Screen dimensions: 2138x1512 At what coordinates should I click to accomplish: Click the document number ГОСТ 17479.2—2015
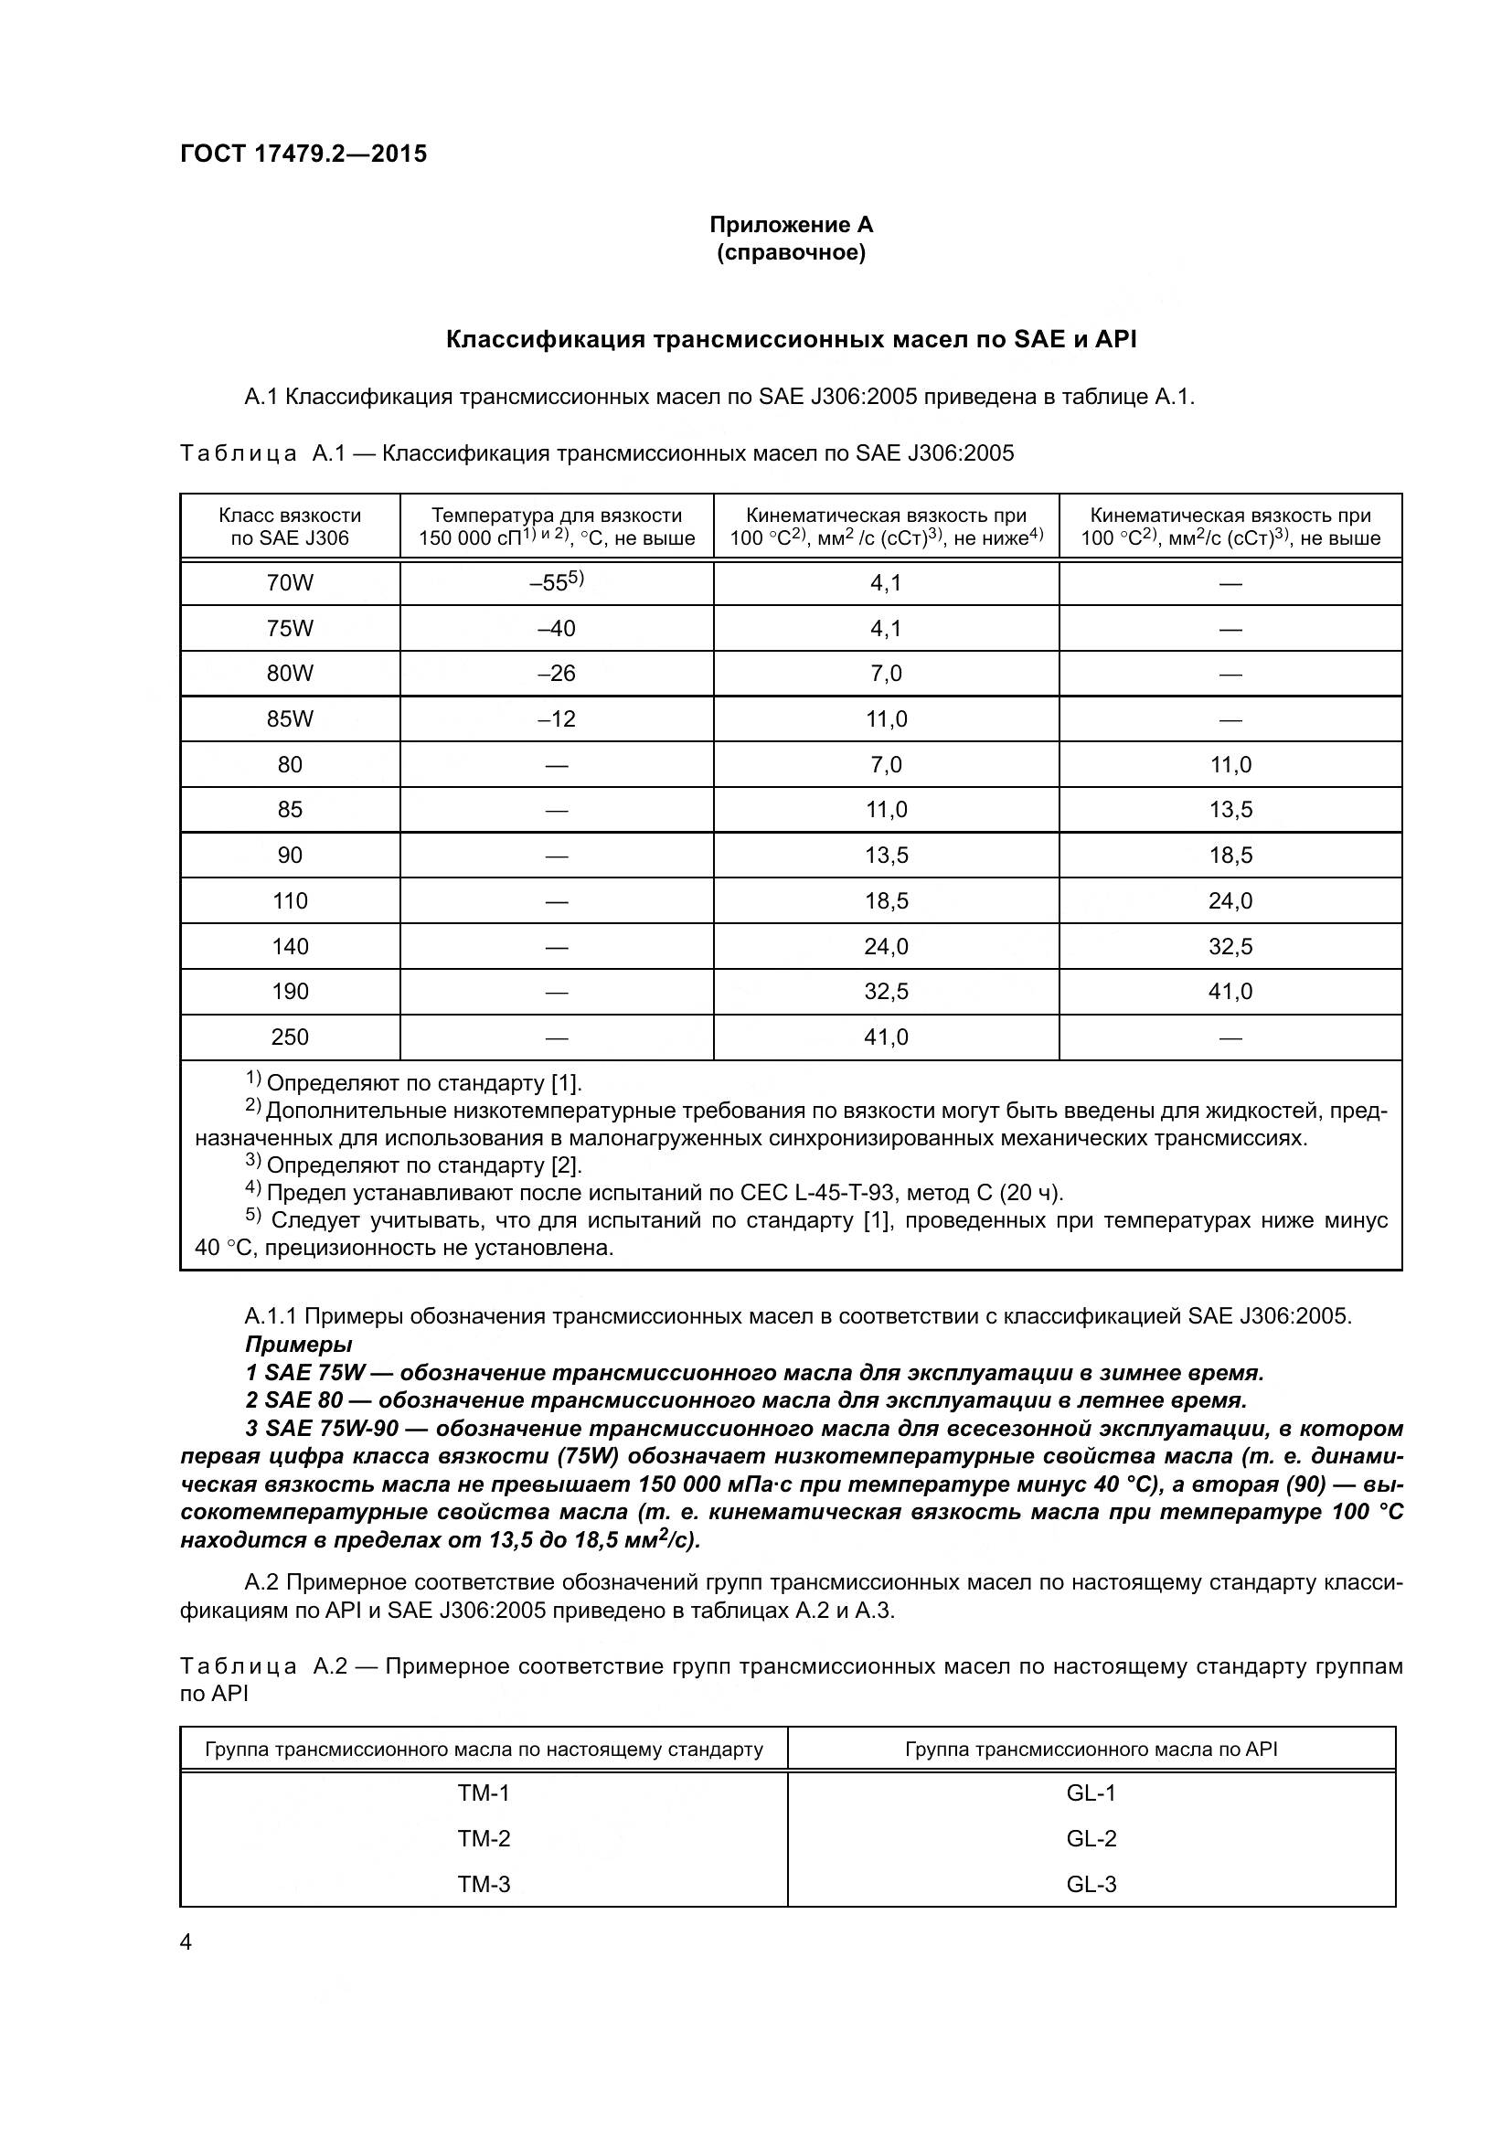tap(303, 154)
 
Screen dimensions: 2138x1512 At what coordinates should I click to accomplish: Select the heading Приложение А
tap(791, 225)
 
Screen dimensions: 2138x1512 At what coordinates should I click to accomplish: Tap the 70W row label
tap(290, 583)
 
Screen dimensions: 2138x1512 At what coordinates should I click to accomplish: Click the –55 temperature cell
tap(557, 583)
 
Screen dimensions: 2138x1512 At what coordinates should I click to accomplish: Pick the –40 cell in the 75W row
tap(557, 629)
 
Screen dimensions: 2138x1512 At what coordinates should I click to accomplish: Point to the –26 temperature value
tap(557, 674)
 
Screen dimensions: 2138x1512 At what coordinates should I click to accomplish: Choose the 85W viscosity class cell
tap(290, 718)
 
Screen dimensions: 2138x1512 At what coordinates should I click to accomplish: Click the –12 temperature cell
tap(557, 718)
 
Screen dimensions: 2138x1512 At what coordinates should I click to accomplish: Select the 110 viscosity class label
tap(290, 900)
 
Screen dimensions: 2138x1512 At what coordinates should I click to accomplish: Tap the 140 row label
tap(290, 946)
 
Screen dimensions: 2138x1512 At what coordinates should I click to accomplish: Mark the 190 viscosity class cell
tap(290, 991)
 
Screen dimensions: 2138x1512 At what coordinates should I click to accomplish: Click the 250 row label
tap(290, 1037)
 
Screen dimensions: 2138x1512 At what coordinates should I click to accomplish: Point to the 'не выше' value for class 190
tap(1230, 991)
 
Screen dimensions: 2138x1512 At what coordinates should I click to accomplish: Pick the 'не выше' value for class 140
tap(1230, 946)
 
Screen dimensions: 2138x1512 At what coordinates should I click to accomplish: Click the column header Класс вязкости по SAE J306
tap(290, 527)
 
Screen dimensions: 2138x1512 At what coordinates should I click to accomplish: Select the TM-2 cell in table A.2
tap(484, 1838)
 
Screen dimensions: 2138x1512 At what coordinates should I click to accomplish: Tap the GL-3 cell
tap(1091, 1884)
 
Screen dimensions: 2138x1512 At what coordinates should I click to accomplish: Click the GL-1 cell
tap(1091, 1792)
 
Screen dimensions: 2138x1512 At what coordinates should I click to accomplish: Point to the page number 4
tap(186, 1942)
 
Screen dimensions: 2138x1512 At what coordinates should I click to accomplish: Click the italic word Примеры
tap(298, 1344)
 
